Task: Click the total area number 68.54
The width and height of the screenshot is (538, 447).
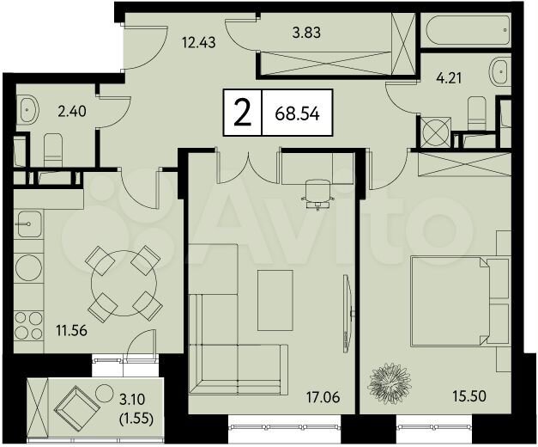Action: coord(298,113)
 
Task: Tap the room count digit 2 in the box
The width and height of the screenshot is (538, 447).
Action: coord(243,113)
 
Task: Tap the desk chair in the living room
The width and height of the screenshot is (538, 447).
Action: coord(315,192)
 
